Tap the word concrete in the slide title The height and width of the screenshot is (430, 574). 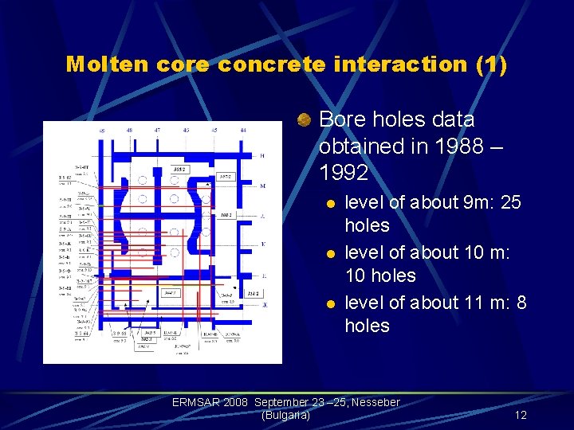coord(271,64)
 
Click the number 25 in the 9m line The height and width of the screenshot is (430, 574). coord(510,202)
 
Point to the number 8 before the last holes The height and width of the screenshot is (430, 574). coord(521,303)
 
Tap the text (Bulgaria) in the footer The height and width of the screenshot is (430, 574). coord(285,415)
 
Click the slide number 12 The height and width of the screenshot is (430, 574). coord(521,415)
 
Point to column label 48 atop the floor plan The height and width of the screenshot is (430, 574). coord(129,129)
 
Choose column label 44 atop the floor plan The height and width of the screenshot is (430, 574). coord(242,129)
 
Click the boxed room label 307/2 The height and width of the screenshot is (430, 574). coord(226,176)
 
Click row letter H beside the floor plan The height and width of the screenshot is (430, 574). coord(262,156)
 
